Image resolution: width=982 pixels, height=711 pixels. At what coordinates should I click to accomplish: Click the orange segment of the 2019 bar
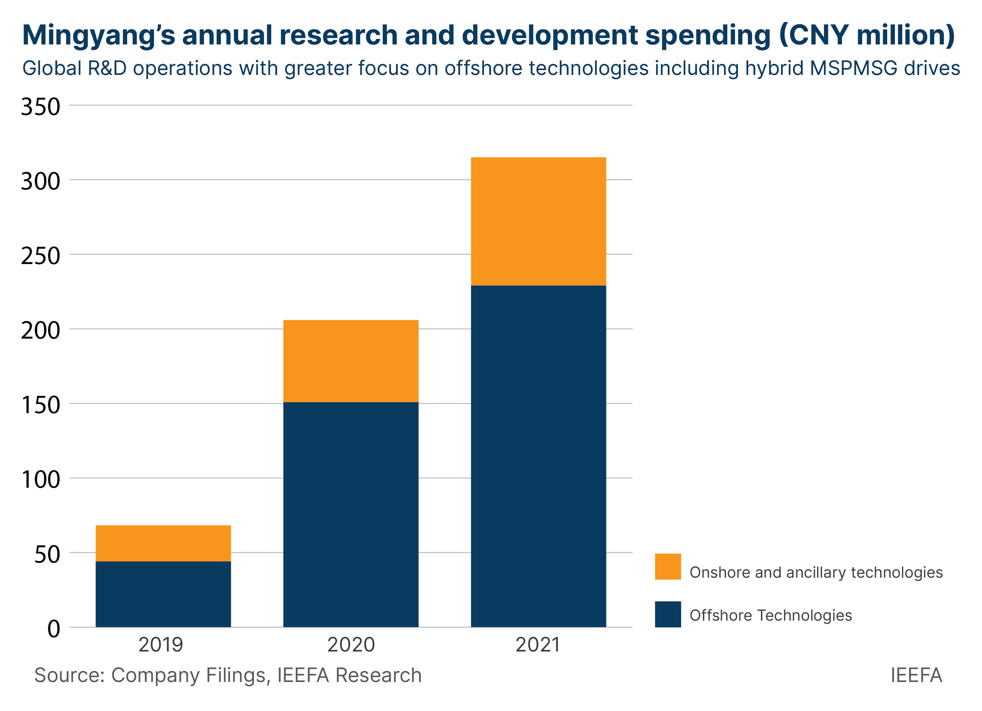pos(163,543)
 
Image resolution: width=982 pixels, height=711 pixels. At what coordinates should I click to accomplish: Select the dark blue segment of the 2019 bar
pos(163,594)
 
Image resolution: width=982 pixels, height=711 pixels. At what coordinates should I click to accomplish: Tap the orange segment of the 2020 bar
pos(351,361)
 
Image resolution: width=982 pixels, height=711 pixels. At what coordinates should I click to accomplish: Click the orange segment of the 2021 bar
pos(538,221)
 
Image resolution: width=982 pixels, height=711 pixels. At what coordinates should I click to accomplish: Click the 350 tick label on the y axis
pos(40,107)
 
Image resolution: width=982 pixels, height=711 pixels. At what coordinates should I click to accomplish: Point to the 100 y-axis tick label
pos(40,480)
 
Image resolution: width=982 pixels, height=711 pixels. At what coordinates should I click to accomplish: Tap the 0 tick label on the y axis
pos(53,629)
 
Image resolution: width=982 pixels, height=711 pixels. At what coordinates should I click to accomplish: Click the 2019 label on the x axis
pos(161,645)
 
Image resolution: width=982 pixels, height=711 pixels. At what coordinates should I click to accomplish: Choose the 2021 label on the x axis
pos(538,645)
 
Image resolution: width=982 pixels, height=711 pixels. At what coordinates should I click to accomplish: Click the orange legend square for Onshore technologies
pos(668,566)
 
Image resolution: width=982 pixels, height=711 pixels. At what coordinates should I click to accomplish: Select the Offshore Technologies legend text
pos(770,616)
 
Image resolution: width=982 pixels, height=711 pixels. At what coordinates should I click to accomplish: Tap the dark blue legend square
pos(668,614)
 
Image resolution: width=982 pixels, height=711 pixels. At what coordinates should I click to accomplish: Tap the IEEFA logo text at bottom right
pos(916,675)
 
